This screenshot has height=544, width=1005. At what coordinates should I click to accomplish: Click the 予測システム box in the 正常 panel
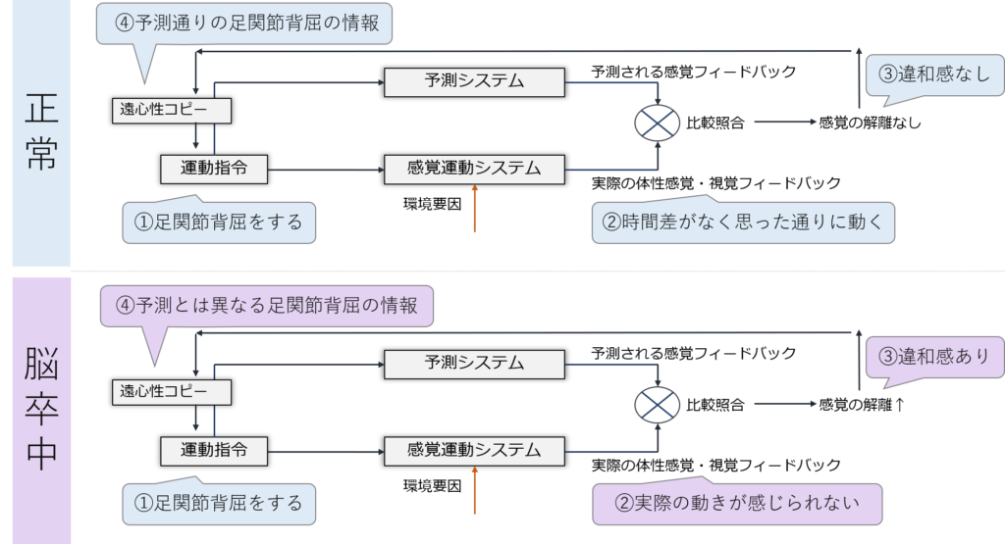coord(474,82)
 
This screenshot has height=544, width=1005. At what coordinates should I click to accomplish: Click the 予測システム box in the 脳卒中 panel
coord(474,364)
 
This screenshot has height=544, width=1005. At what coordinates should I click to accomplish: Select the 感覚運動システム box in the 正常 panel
coord(474,169)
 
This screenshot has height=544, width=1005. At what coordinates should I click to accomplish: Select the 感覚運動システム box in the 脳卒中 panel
coord(474,451)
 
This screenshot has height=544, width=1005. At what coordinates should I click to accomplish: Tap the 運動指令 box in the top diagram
coord(214,169)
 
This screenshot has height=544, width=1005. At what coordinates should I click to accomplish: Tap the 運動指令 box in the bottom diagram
coord(214,451)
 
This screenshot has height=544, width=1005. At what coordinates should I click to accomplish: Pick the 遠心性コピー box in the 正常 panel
coord(171,110)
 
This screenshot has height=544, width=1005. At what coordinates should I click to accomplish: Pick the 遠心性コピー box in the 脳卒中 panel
coord(171,392)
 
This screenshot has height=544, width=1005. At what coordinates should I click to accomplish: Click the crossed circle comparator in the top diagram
coord(658,123)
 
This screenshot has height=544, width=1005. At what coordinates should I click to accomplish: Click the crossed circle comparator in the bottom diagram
coord(658,404)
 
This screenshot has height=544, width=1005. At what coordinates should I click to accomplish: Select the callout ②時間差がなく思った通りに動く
coord(744,223)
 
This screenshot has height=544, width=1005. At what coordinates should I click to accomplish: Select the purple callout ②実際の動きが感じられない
coord(736,504)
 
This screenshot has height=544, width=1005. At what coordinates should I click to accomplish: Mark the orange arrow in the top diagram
coord(474,210)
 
